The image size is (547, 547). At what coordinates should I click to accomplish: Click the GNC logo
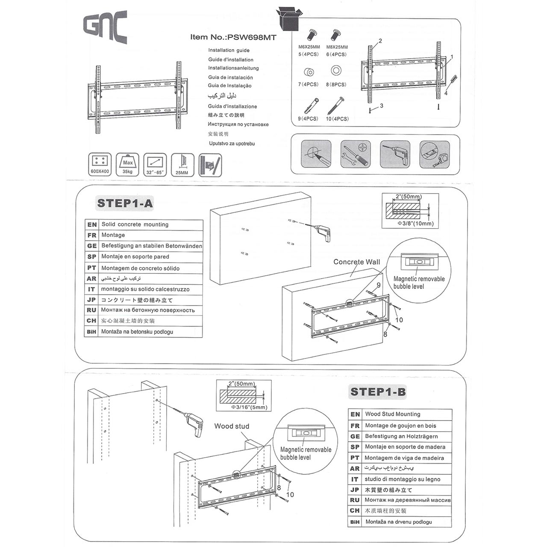pyautogui.click(x=105, y=27)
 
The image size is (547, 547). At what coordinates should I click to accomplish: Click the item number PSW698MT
pyautogui.click(x=233, y=37)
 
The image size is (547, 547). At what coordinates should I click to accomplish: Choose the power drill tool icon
pyautogui.click(x=394, y=154)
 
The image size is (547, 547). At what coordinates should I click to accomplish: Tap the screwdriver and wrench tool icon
pyautogui.click(x=355, y=154)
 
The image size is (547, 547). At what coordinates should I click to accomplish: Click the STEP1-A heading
pyautogui.click(x=125, y=203)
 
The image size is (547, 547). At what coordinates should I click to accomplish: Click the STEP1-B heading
pyautogui.click(x=378, y=391)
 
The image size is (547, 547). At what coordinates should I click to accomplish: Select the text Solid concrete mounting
pyautogui.click(x=135, y=224)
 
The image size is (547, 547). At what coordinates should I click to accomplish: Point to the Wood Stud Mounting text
pyautogui.click(x=392, y=414)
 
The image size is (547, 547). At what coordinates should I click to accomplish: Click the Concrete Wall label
pyautogui.click(x=356, y=262)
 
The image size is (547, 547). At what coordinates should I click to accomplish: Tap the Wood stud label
pyautogui.click(x=232, y=426)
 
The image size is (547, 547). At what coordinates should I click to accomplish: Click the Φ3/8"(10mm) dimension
pyautogui.click(x=415, y=224)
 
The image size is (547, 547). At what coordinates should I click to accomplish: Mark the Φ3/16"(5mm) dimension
pyautogui.click(x=249, y=407)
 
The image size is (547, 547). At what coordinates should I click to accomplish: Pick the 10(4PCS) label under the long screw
pyautogui.click(x=337, y=119)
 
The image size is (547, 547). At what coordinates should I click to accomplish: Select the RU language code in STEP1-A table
pyautogui.click(x=91, y=310)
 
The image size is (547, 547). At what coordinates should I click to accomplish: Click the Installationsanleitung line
pyautogui.click(x=233, y=68)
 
